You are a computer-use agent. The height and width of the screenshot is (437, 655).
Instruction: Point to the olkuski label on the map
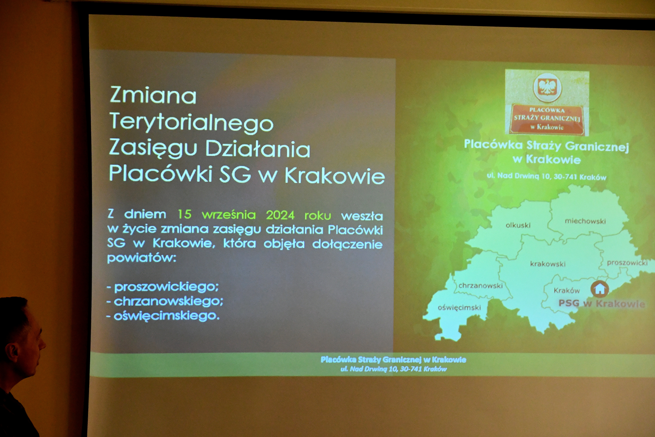coord(518,225)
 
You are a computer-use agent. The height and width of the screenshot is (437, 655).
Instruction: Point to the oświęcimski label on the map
coord(459,308)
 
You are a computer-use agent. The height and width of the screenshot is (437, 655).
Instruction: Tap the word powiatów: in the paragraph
coord(142,258)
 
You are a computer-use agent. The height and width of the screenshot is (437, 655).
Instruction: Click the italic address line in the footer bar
coord(393,369)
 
